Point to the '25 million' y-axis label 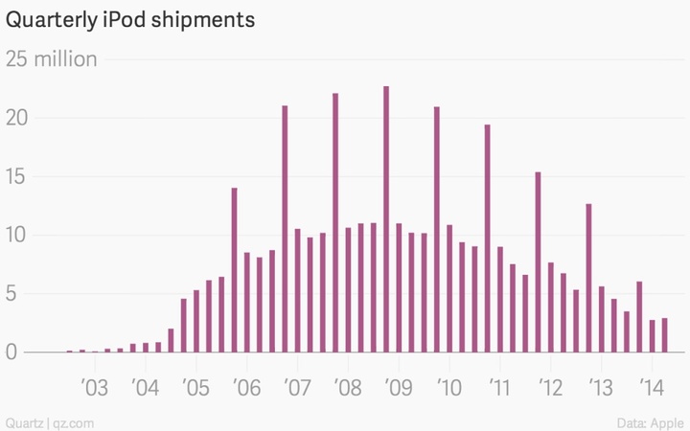pos(52,59)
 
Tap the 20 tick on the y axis pos(18,119)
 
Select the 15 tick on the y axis pos(18,177)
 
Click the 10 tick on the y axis pos(18,236)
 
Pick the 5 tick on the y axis pos(12,294)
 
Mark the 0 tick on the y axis pos(12,352)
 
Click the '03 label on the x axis pos(94,388)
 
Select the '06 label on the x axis pos(246,388)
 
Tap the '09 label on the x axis pos(398,388)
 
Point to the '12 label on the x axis pos(550,388)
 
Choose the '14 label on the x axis pos(652,388)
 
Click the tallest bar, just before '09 pos(386,219)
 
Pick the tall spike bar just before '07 pos(285,229)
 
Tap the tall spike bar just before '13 pos(588,278)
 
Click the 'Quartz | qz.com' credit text pos(49,421)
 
